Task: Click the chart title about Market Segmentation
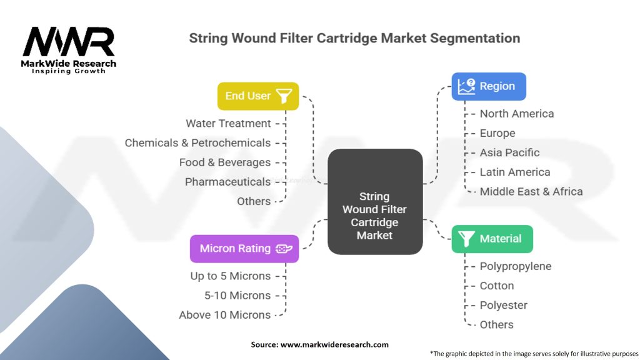coord(354,38)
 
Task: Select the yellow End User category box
coord(257,96)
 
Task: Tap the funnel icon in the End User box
coord(284,96)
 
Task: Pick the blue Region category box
coord(489,86)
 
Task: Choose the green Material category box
coord(492,239)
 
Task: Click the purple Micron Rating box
coord(244,249)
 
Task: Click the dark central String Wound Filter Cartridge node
coord(374,216)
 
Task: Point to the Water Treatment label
coord(228,124)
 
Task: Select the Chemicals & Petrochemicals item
coord(197,143)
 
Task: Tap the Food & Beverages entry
coord(224,162)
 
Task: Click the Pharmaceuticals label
coord(227,182)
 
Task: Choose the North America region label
coord(516,114)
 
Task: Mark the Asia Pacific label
coord(509,152)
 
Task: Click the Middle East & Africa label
coord(531,192)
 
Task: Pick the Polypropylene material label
coord(516,266)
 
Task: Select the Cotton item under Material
coord(497,286)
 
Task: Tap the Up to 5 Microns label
coord(230,276)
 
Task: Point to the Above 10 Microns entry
coord(224,315)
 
